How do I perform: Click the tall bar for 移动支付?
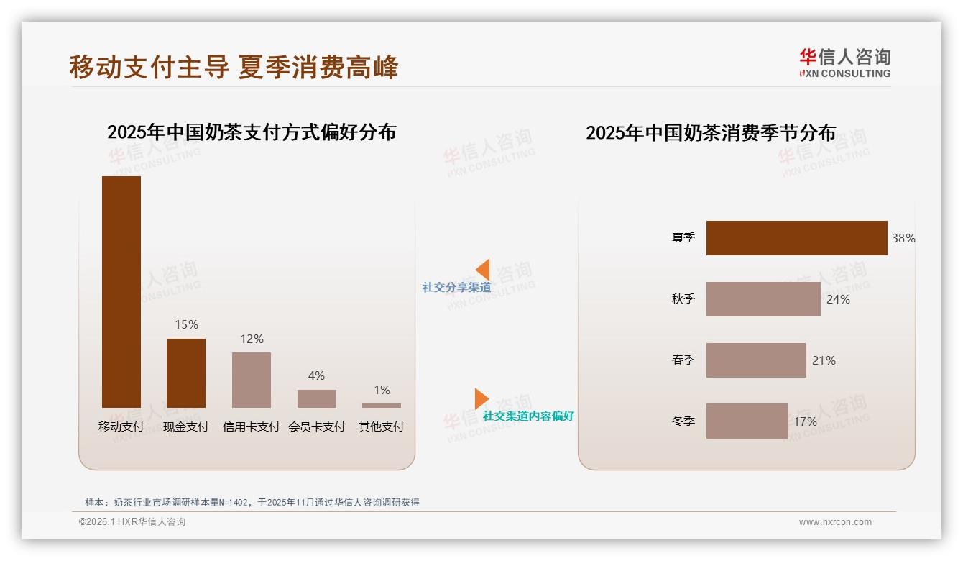point(121,291)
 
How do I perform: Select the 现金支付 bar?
point(186,373)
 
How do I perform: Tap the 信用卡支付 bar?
point(252,380)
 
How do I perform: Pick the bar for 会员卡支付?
point(317,398)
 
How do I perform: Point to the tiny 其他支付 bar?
point(382,406)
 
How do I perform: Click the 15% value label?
point(186,324)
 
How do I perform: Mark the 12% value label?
point(252,339)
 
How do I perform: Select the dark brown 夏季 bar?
point(796,238)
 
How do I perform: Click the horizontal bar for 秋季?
point(763,299)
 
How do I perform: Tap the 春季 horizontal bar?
point(756,360)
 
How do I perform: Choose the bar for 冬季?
point(747,421)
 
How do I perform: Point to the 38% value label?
point(903,238)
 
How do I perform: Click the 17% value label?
point(805,421)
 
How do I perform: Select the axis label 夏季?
point(683,238)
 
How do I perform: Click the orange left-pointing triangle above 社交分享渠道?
point(483,269)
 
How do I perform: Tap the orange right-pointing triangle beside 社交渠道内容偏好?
point(481,398)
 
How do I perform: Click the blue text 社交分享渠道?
point(456,288)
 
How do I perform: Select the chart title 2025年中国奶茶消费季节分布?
point(711,133)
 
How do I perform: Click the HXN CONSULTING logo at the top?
point(844,63)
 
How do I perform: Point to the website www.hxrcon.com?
point(835,522)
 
